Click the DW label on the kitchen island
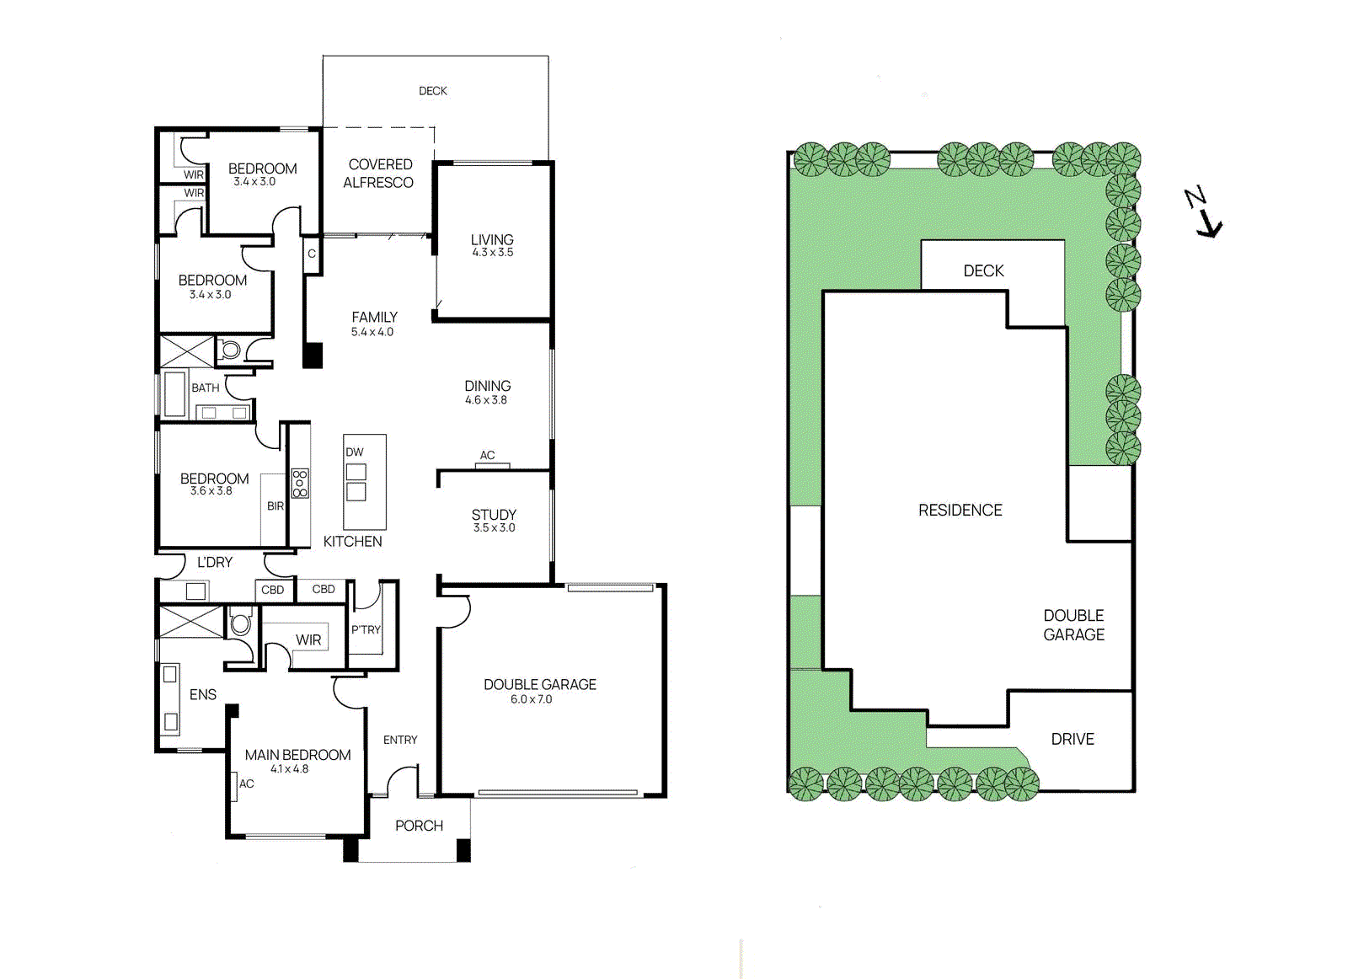pos(355,452)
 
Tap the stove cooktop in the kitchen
pos(300,483)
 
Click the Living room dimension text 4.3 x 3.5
pos(492,253)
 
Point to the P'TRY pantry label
pos(366,630)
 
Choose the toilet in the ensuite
pos(241,624)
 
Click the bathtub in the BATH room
pos(174,393)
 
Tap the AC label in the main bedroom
pos(246,784)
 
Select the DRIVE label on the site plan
pos(1073,739)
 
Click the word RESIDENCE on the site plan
pos(960,511)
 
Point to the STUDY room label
pos(494,515)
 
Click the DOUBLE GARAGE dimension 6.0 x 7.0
pos(532,699)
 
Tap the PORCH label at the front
pos(419,826)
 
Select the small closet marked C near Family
pos(312,254)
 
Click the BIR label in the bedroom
pos(275,506)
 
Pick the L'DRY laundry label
pos(215,562)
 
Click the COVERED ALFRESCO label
pos(379,174)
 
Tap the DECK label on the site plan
pos(983,271)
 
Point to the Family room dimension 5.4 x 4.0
pos(372,332)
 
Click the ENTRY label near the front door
pos(400,740)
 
